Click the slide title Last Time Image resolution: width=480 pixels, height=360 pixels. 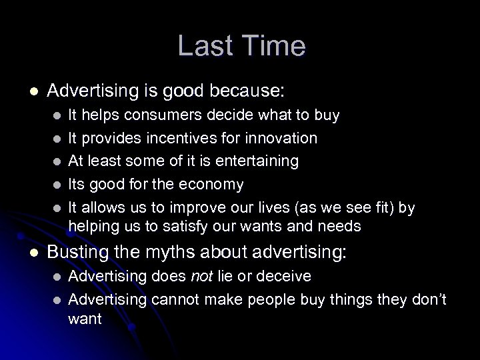(241, 46)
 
